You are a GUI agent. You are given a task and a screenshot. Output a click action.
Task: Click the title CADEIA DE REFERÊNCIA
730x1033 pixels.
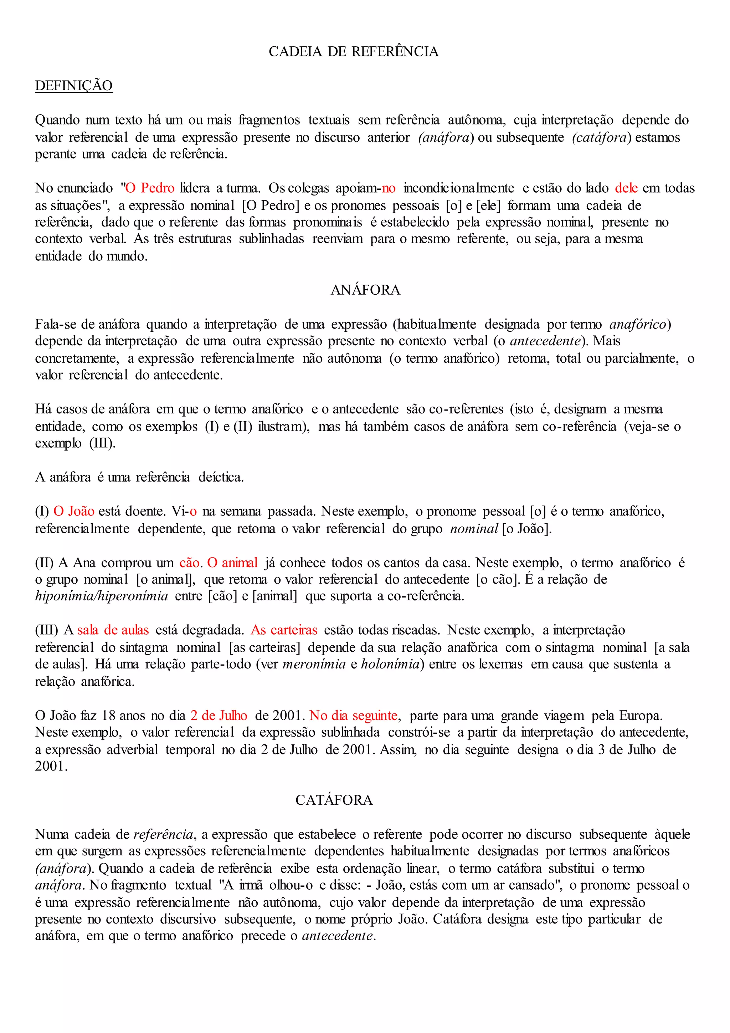coord(353,52)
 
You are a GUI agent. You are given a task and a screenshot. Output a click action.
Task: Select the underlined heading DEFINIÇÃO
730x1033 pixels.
coord(74,86)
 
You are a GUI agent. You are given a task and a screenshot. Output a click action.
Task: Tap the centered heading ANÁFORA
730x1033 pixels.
coord(365,290)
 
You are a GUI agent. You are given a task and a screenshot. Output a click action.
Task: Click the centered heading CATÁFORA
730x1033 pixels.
coord(334,800)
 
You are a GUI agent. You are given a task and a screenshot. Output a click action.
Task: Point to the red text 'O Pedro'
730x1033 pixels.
coord(150,188)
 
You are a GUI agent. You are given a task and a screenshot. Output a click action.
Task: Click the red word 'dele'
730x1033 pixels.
coord(626,188)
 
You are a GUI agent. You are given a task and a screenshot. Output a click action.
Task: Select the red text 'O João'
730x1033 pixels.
coord(74,511)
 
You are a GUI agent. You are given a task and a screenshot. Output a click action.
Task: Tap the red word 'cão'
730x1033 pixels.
coord(189,563)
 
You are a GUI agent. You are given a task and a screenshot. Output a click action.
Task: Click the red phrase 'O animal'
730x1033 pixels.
coord(232,563)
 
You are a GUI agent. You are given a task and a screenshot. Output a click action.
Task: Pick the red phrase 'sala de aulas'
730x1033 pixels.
coord(113,630)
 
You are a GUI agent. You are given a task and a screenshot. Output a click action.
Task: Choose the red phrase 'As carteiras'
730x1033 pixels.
coord(284,630)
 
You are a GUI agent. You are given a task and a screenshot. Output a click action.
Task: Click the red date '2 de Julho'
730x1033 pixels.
coord(219,716)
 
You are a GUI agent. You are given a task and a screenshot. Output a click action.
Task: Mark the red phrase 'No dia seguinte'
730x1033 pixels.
coord(353,716)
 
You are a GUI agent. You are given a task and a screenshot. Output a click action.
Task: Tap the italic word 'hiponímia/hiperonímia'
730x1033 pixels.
coord(102,596)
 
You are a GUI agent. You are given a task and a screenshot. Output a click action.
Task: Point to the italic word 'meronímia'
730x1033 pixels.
coord(314,664)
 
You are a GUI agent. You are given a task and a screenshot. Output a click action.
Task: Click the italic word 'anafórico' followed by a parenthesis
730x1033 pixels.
coord(637,324)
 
